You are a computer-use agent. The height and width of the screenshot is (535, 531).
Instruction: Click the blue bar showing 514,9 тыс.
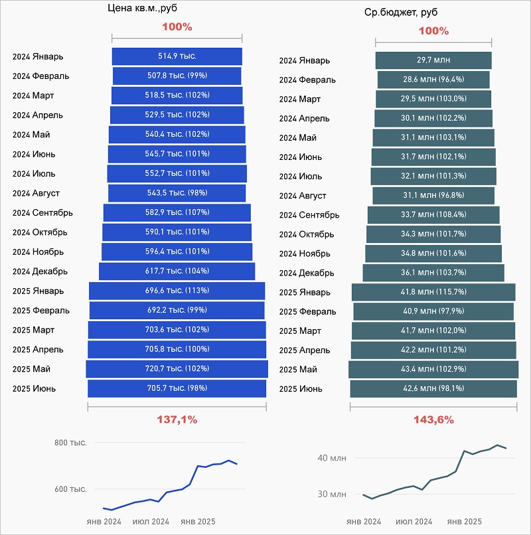click(x=177, y=56)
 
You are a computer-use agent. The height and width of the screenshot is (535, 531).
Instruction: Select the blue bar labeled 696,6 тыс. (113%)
click(x=177, y=291)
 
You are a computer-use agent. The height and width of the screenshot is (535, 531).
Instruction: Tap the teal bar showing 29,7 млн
click(x=433, y=60)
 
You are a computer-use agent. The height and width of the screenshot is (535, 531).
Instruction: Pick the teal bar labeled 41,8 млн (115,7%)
click(x=433, y=293)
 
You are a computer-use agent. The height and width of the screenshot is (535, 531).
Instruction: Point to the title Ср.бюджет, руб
click(x=400, y=13)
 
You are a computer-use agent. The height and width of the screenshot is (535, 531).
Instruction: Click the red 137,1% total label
click(x=177, y=420)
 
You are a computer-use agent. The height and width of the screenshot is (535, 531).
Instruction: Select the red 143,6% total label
click(x=433, y=420)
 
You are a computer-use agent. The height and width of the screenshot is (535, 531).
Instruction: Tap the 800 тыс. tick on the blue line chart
click(x=71, y=443)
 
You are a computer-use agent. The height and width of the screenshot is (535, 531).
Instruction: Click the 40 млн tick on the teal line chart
click(x=333, y=458)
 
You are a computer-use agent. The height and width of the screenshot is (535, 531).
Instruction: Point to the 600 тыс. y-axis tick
click(x=71, y=489)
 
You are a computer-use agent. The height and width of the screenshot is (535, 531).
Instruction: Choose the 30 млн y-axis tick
click(x=333, y=494)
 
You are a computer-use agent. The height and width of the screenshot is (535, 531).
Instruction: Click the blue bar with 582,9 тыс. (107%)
click(x=177, y=212)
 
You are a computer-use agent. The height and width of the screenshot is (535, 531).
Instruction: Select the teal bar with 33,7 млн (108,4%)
click(x=433, y=215)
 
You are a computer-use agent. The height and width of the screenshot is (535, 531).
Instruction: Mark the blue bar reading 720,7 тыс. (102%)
click(x=177, y=369)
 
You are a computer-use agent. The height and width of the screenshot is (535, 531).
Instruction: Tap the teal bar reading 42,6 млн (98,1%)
click(x=433, y=389)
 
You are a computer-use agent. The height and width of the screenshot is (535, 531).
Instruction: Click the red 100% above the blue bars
click(x=177, y=27)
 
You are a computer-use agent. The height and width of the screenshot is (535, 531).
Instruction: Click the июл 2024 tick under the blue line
click(x=151, y=521)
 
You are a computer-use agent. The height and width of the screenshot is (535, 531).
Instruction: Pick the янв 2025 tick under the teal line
click(x=465, y=522)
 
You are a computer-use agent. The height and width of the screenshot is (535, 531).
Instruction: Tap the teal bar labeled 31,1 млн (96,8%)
click(x=433, y=196)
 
